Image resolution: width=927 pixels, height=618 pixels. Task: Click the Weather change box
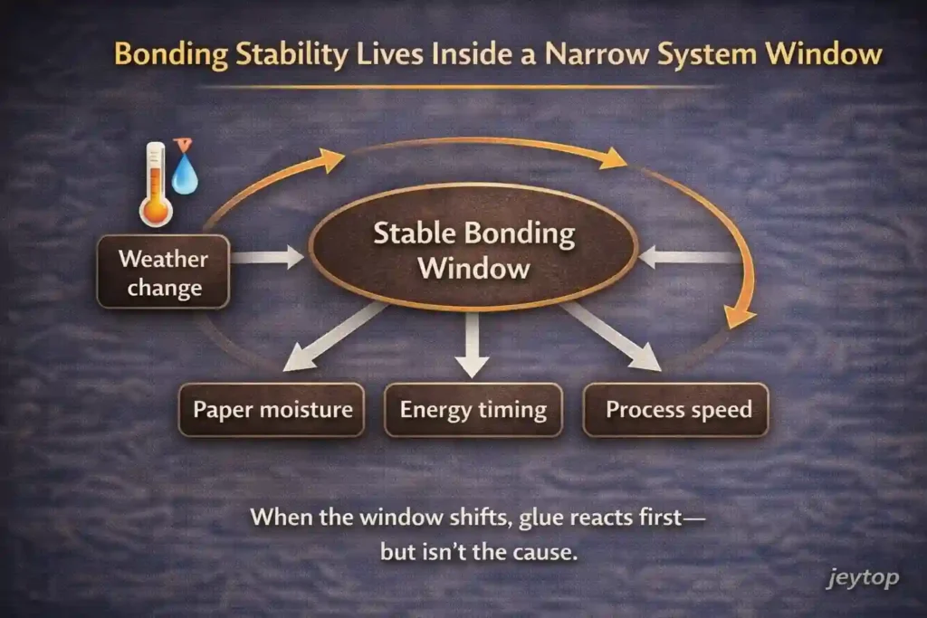(x=163, y=273)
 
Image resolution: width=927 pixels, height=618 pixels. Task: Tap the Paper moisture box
(x=272, y=410)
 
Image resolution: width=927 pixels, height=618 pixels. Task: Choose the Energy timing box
(x=473, y=410)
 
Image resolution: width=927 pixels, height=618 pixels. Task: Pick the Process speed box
(x=677, y=410)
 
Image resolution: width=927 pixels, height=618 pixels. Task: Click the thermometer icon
(x=156, y=185)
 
